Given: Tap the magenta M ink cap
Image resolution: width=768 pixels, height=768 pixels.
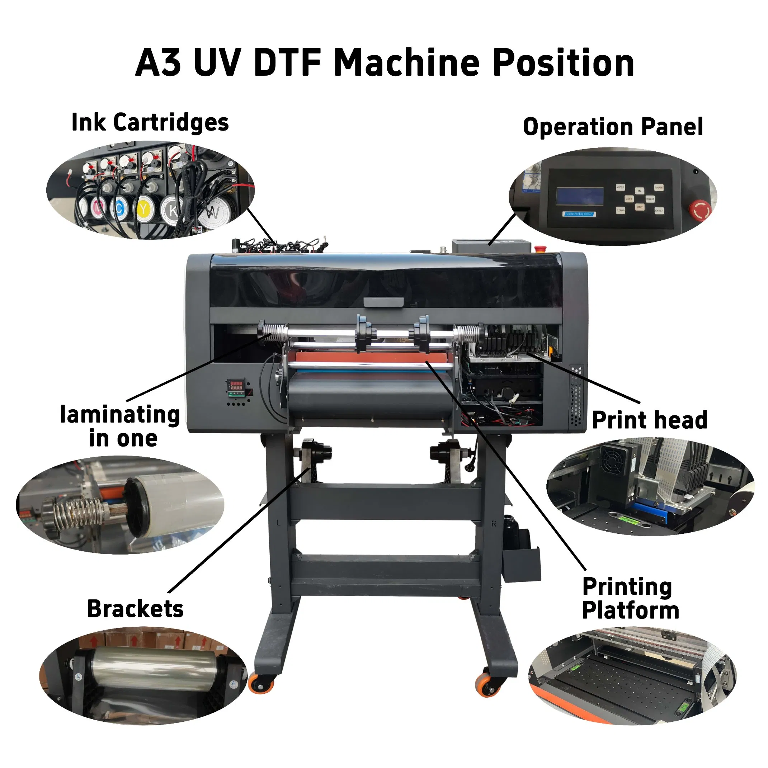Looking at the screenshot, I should click(x=98, y=207).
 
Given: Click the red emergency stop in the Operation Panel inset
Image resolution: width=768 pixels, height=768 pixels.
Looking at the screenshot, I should click(x=699, y=210).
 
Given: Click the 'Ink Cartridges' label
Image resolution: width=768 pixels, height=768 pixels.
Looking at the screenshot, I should click(x=150, y=122).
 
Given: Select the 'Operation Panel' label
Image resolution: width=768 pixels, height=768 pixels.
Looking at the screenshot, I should click(x=613, y=127).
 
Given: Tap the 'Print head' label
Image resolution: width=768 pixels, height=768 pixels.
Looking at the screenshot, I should click(x=650, y=420).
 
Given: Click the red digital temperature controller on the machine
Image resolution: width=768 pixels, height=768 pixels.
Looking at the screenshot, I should click(x=236, y=387).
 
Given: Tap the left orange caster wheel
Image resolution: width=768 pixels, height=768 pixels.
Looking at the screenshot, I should click(x=261, y=684).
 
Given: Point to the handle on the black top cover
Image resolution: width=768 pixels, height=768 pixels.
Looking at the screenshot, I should click(x=383, y=302).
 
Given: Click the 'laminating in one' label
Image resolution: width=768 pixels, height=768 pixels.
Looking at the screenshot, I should click(x=120, y=426).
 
